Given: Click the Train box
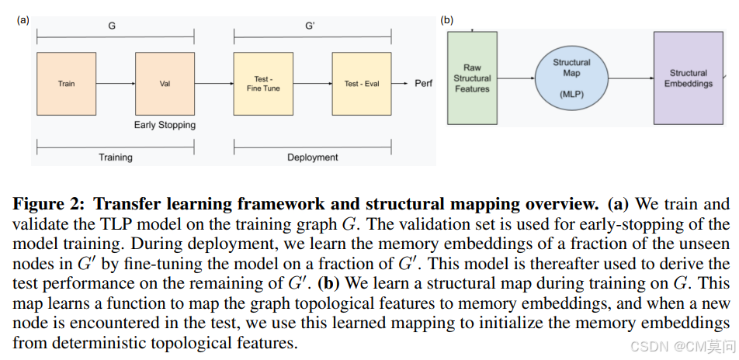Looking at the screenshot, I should point(66,83).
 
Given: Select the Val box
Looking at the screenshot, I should point(165,83).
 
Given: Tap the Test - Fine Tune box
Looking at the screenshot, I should point(263,83).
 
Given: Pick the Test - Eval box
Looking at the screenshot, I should point(362,83).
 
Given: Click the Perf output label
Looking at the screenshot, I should point(424,83).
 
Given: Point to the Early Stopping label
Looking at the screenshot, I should point(165,125).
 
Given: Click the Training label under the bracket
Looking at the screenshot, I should point(115,157).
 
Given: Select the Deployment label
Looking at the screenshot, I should point(312,157).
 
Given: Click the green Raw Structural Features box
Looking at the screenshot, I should point(472,78).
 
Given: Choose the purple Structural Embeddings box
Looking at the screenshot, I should point(688,78).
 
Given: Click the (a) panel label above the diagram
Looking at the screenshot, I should point(23,20).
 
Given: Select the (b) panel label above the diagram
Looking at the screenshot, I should point(447,20).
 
